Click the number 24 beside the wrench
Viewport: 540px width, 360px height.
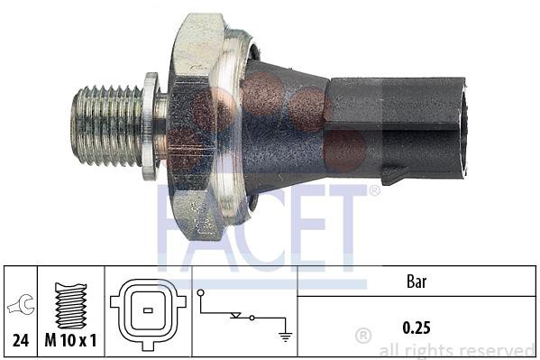pos(21,341)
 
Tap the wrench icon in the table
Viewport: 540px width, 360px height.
pos(21,304)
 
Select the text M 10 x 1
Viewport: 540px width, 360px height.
pos(70,341)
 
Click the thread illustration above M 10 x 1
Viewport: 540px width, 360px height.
pos(71,306)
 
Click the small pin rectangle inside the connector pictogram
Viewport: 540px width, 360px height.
pos(148,310)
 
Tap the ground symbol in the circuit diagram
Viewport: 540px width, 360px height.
pos(285,337)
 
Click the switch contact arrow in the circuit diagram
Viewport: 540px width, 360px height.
pos(236,315)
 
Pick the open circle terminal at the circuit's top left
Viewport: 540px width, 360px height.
pos(200,293)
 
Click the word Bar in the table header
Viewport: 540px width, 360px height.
pos(416,282)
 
